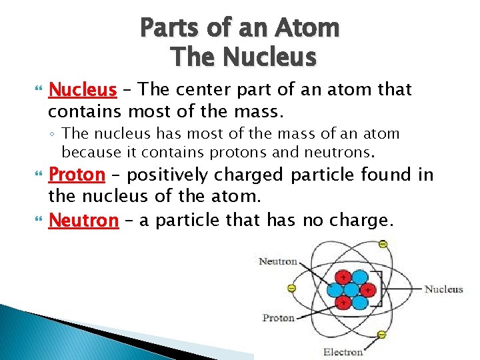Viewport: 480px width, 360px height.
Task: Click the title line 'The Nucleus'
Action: point(243,57)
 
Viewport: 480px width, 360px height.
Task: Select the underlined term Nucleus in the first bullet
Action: point(83,89)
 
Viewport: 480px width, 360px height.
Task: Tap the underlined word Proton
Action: point(77,175)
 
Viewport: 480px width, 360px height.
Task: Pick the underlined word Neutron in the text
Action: point(83,221)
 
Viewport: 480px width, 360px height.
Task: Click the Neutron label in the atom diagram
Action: point(278,261)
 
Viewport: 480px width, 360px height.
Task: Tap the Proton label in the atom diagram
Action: point(279,318)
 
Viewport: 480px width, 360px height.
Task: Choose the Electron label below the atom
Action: point(343,351)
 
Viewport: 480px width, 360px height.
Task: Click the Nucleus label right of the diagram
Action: point(443,289)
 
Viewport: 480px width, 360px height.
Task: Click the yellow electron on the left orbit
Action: point(291,289)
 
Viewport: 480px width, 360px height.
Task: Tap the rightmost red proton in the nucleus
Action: point(367,289)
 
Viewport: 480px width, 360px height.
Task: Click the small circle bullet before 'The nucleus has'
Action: point(54,134)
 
